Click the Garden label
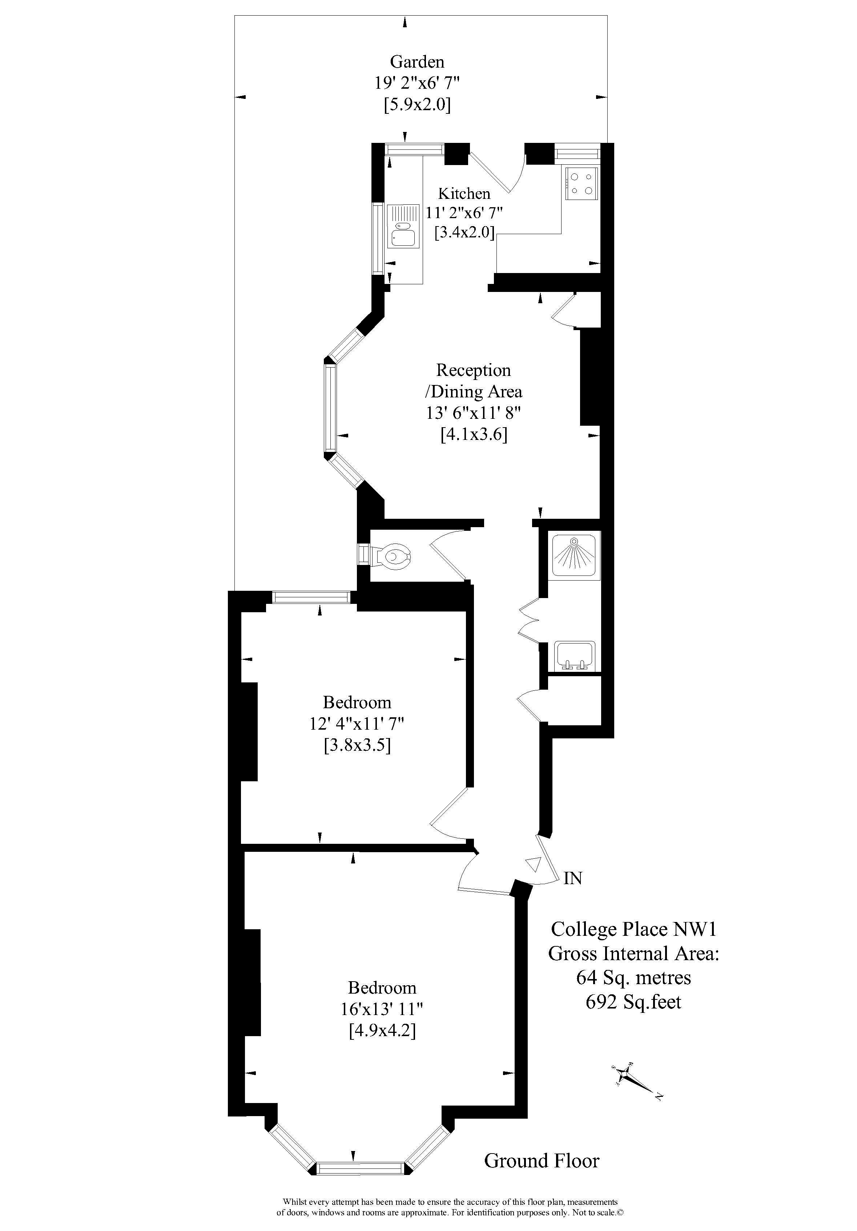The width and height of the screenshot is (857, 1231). pos(417,62)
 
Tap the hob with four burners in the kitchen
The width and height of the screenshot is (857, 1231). pos(581,183)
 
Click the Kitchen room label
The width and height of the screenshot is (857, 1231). pos(464,193)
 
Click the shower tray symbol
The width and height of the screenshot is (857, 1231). pos(575,556)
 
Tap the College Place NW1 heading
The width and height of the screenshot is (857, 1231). pos(633,929)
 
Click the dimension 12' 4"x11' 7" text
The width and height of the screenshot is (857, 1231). pos(357,724)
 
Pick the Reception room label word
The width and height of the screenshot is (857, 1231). pos(473,370)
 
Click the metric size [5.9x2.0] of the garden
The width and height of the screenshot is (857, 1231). pos(417,104)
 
